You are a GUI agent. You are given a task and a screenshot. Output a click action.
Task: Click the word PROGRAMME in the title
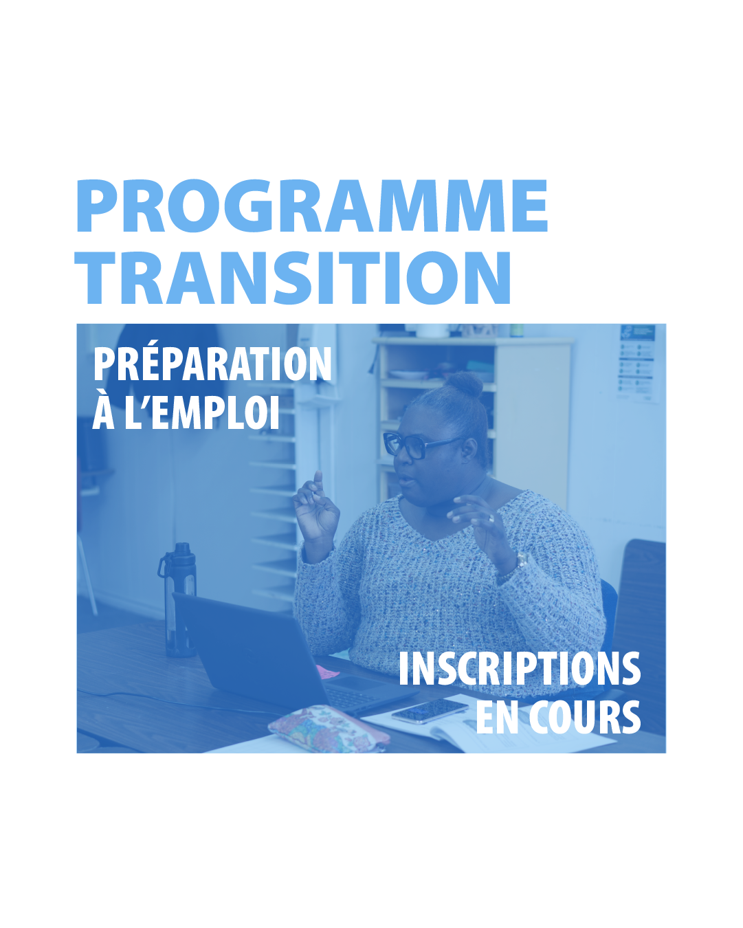[311, 206]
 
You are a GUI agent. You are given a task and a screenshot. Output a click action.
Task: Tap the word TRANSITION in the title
[293, 278]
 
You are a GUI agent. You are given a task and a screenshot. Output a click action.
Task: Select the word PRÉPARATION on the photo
[212, 364]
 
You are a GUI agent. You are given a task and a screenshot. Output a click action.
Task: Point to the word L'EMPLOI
[202, 412]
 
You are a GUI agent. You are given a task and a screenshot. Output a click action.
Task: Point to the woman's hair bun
[465, 384]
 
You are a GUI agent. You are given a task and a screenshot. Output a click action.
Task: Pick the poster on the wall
[637, 363]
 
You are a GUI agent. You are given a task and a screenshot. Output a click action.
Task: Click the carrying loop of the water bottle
[164, 565]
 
